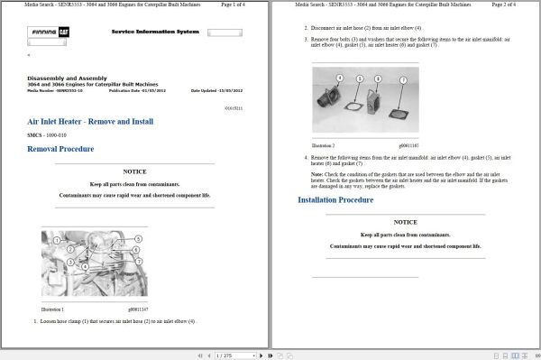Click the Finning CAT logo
pyautogui.click(x=48, y=32)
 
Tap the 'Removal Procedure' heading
pyautogui.click(x=60, y=149)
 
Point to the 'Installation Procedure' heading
pyautogui.click(x=335, y=199)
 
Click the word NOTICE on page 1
pyautogui.click(x=134, y=171)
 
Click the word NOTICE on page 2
pyautogui.click(x=405, y=222)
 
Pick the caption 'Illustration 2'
pyautogui.click(x=324, y=145)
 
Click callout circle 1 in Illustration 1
pyautogui.click(x=57, y=240)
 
